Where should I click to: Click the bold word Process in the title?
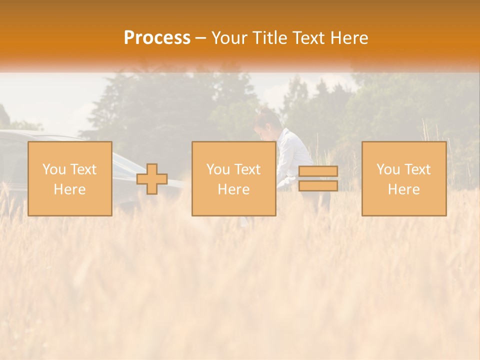tap(157, 38)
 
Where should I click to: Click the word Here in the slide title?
tap(349, 38)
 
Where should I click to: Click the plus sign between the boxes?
tap(152, 179)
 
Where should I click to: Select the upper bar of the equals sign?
tap(318, 171)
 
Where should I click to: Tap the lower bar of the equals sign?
tap(318, 186)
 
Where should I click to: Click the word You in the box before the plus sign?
tap(53, 169)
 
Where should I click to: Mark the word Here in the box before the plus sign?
tap(69, 189)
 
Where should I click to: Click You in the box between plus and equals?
tap(217, 169)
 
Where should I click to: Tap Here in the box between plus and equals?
tap(233, 189)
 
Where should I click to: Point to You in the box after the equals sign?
tap(387, 169)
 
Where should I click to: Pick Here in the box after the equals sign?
tap(403, 189)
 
